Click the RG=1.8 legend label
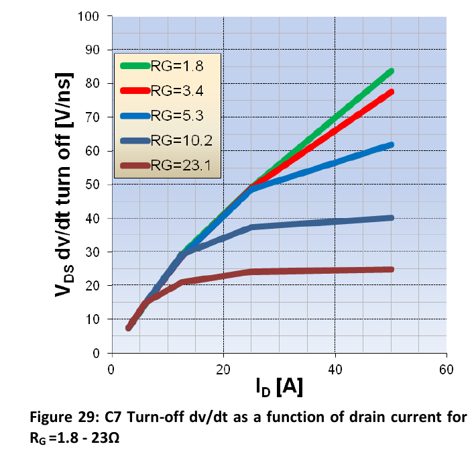pyautogui.click(x=177, y=66)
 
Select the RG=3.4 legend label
pyautogui.click(x=177, y=91)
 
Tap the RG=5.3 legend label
pyautogui.click(x=177, y=115)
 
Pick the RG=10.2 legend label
pyautogui.click(x=182, y=140)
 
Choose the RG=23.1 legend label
pyautogui.click(x=181, y=165)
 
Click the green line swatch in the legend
pyautogui.click(x=135, y=66)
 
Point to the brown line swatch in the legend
pyautogui.click(x=135, y=166)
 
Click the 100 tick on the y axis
pyautogui.click(x=88, y=16)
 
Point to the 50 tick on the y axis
pyautogui.click(x=92, y=185)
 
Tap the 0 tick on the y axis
pyautogui.click(x=96, y=353)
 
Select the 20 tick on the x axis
pyautogui.click(x=223, y=370)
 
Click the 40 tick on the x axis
pyautogui.click(x=335, y=370)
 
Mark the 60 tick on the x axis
pyautogui.click(x=447, y=370)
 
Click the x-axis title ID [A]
pyautogui.click(x=279, y=387)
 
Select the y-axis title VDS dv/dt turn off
pyautogui.click(x=64, y=185)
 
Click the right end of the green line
pyautogui.click(x=392, y=71)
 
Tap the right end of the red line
pyautogui.click(x=392, y=92)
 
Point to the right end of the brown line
pyautogui.click(x=392, y=269)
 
